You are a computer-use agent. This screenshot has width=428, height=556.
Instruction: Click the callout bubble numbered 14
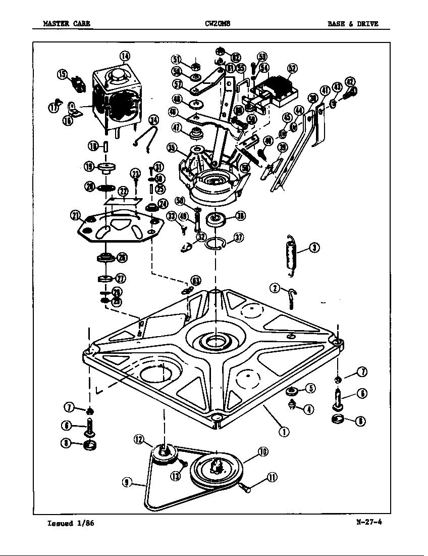point(124,56)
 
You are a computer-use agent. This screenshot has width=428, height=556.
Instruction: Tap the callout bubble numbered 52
point(292,69)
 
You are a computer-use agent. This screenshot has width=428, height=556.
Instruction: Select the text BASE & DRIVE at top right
point(352,24)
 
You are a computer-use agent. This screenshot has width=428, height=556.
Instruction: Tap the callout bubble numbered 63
point(195,281)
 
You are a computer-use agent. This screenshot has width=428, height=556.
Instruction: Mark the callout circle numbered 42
point(349,82)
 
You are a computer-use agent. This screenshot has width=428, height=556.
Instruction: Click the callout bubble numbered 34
point(153,120)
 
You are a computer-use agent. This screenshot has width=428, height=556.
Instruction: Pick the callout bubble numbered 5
point(310,388)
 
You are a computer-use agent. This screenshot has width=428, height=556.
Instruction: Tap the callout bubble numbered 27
point(121,279)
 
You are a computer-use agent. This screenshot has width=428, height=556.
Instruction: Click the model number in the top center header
point(218,24)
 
